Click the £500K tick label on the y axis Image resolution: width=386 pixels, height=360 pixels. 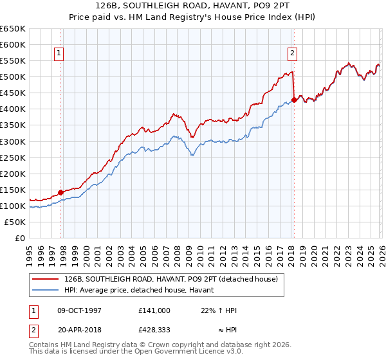[x=13, y=77]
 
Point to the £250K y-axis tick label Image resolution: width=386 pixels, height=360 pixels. [x=13, y=157]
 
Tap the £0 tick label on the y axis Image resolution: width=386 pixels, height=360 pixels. [x=21, y=238]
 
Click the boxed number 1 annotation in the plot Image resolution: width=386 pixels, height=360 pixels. [x=59, y=54]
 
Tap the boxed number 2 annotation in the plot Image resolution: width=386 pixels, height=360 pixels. [x=292, y=54]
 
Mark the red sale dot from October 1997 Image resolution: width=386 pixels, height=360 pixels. [x=61, y=192]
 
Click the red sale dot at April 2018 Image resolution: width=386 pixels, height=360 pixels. [x=294, y=100]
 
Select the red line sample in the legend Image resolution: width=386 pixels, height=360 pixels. [x=46, y=279]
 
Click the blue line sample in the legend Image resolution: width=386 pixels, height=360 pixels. [x=46, y=289]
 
